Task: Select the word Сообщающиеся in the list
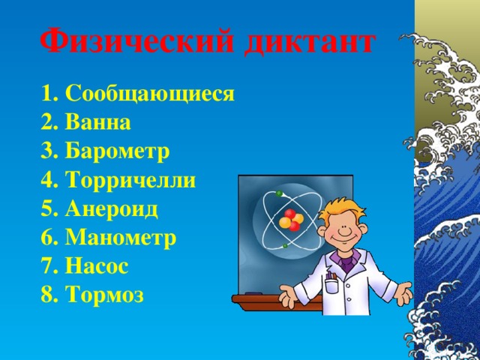pyautogui.click(x=150, y=95)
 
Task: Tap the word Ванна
pyautogui.click(x=98, y=123)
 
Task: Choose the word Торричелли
pyautogui.click(x=131, y=180)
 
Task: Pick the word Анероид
pyautogui.click(x=112, y=208)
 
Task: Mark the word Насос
pyautogui.click(x=97, y=266)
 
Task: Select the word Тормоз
pyautogui.click(x=106, y=295)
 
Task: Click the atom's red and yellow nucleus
pyautogui.click(x=289, y=221)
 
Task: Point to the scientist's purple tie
pyautogui.click(x=346, y=262)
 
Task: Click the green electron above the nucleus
pyautogui.click(x=279, y=193)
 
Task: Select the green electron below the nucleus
pyautogui.click(x=285, y=245)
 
